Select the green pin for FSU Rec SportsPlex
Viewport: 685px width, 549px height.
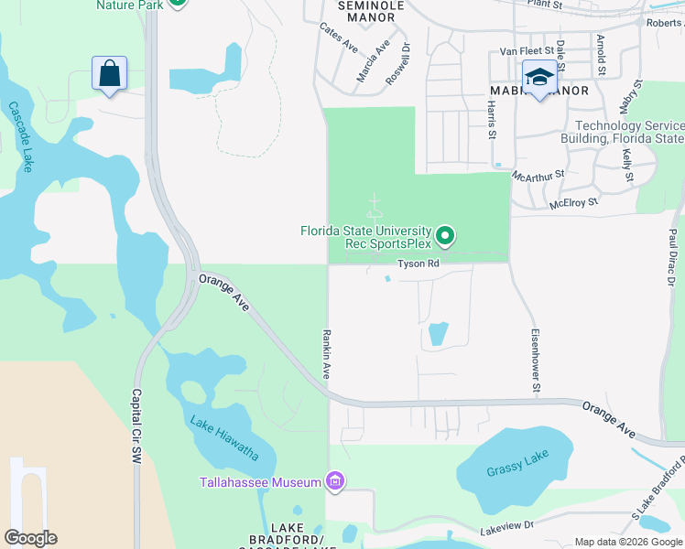tap(445, 237)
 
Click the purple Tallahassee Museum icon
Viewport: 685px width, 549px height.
tap(335, 481)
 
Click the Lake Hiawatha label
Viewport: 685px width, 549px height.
tap(224, 437)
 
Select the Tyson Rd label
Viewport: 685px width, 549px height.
tap(419, 264)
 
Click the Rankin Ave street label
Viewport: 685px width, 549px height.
tap(325, 354)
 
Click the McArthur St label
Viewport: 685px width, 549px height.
tap(538, 173)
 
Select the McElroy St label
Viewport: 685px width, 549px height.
tap(573, 201)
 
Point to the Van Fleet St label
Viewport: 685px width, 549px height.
tap(528, 51)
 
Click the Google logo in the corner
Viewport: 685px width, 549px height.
tap(30, 538)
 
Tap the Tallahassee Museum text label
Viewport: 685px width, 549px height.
tap(261, 482)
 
